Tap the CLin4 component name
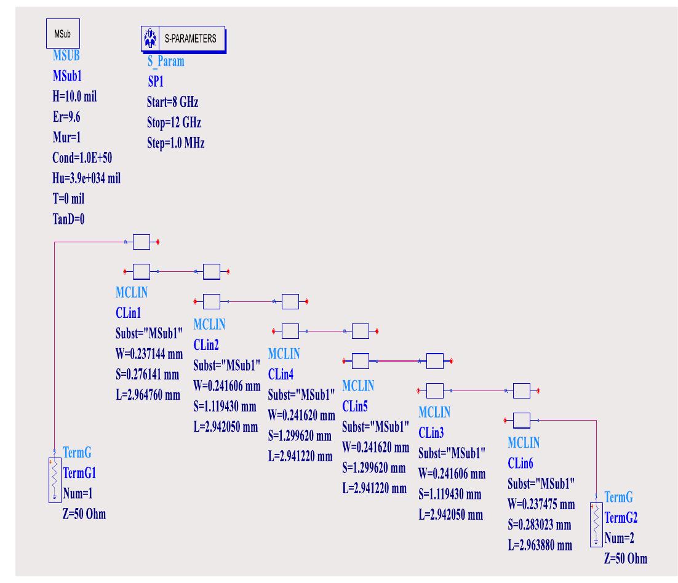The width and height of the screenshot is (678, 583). [x=282, y=375]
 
